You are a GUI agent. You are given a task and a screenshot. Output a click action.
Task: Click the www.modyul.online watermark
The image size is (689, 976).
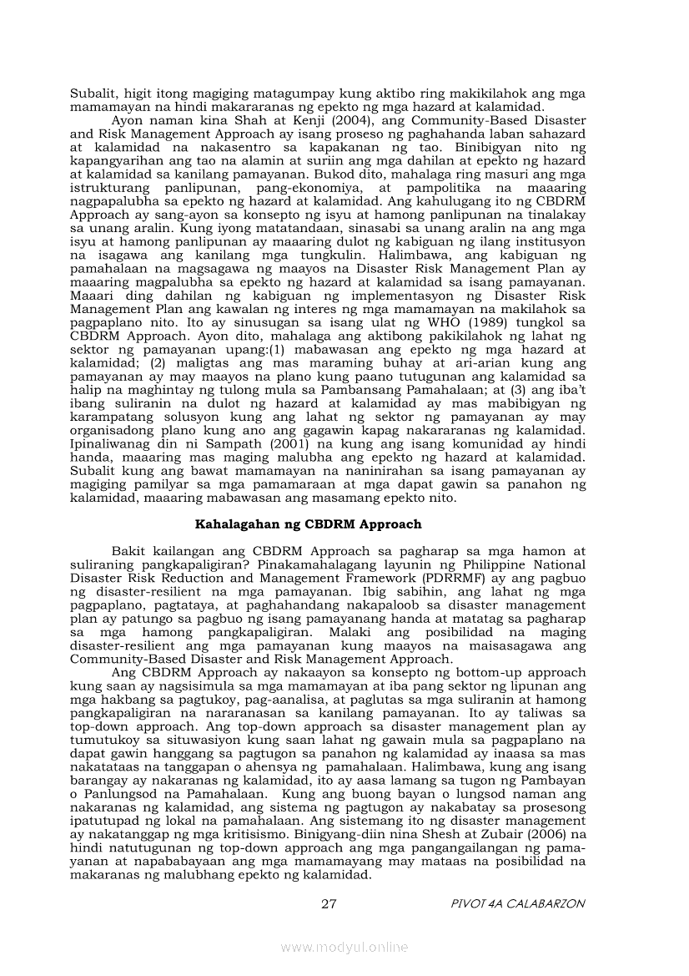[344, 947]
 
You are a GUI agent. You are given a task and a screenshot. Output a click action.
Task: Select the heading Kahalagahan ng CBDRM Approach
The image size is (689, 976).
[309, 525]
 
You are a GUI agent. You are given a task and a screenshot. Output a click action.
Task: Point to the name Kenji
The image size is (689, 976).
[228, 121]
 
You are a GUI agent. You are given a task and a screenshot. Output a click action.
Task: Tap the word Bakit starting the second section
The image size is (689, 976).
[128, 552]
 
